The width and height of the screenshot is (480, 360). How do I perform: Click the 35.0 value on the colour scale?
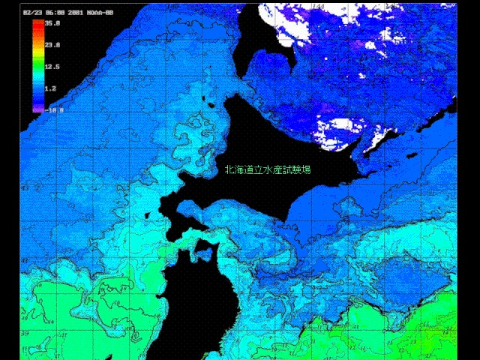[x=52, y=23]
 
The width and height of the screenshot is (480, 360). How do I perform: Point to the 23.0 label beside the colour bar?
[x=52, y=45]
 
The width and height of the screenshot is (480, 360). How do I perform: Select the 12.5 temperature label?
[x=52, y=67]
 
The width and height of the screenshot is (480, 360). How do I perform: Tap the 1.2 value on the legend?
[x=51, y=88]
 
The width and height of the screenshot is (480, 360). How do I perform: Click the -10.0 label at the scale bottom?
[x=54, y=109]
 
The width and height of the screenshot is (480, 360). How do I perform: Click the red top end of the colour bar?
[x=37, y=23]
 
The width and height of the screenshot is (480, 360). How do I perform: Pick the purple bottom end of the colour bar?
[x=37, y=109]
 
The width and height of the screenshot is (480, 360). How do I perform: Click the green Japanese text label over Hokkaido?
[x=268, y=169]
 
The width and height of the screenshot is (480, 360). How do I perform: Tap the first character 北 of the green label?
[x=229, y=169]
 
